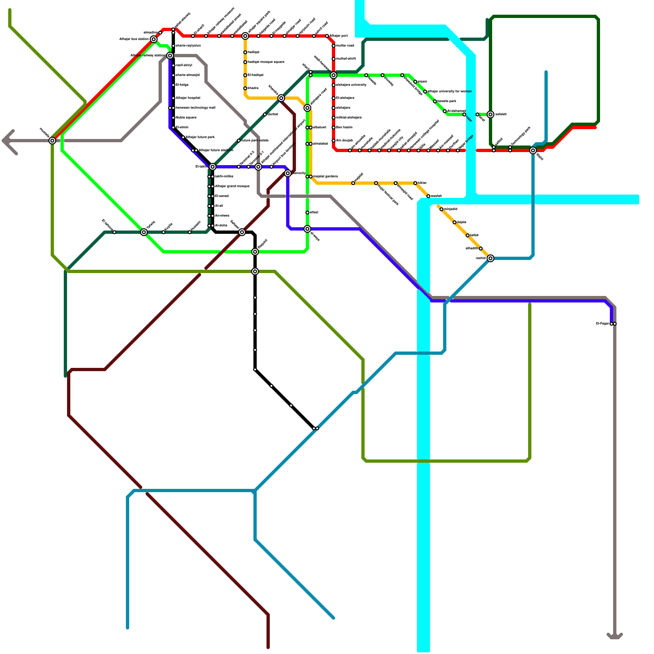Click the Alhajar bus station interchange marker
(x=154, y=39)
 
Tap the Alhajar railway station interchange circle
(x=170, y=56)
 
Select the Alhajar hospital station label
(x=188, y=98)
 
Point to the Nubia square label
(x=186, y=118)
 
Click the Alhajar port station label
(x=339, y=36)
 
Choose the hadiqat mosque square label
(x=266, y=62)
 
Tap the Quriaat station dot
(x=265, y=114)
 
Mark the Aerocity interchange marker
(x=288, y=173)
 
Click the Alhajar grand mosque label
(x=232, y=186)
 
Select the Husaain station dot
(x=190, y=232)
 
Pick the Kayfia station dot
(x=163, y=232)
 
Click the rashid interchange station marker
(x=490, y=258)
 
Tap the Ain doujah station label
(x=344, y=141)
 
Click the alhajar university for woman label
(x=450, y=92)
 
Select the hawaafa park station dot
(x=435, y=101)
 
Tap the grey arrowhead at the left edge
(x=7, y=141)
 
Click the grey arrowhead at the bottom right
(x=615, y=636)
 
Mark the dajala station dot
(x=455, y=222)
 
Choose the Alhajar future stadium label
(x=216, y=150)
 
